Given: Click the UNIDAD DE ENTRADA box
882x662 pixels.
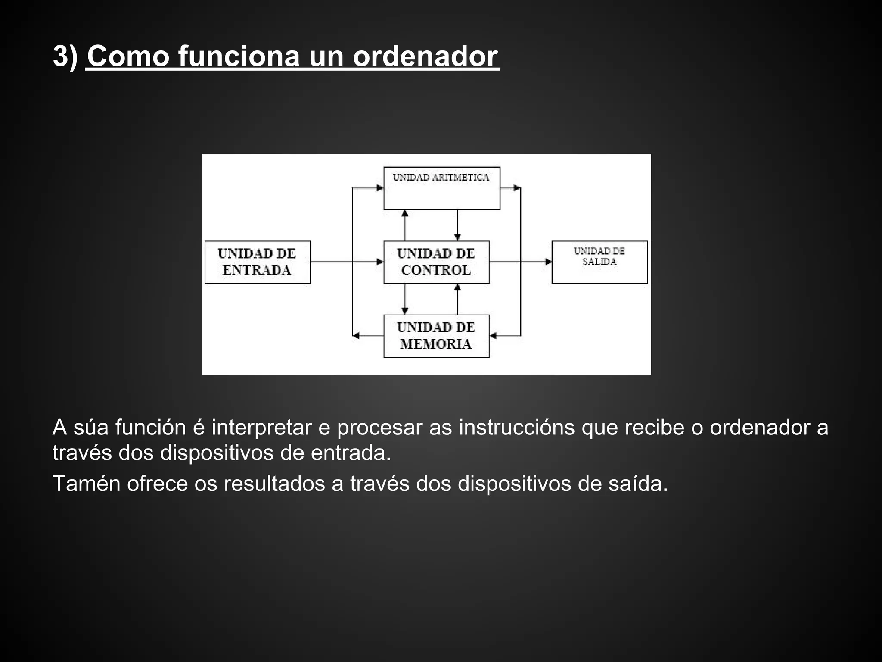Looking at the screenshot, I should (257, 262).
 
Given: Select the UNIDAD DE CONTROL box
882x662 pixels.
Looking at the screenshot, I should (436, 262).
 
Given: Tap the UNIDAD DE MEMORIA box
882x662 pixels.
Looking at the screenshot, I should (436, 336).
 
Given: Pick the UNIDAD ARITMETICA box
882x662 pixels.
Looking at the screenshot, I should (441, 188).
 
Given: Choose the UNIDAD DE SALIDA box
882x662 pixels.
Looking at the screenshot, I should (599, 262).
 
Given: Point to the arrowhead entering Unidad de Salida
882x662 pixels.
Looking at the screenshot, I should (548, 262).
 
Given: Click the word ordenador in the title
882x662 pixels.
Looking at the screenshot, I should (425, 56).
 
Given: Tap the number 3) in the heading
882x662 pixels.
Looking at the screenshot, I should (65, 56).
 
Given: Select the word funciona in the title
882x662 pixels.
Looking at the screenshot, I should (238, 56).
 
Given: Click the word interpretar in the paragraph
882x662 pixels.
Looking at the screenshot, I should (261, 428).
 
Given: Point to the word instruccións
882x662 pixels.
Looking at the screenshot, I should (516, 428).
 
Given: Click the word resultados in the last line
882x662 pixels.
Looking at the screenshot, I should (274, 483).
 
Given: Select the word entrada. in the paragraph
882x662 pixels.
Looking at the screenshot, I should (351, 453).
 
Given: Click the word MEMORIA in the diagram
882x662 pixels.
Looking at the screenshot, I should (436, 344).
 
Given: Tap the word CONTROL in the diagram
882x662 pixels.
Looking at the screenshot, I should (436, 270).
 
